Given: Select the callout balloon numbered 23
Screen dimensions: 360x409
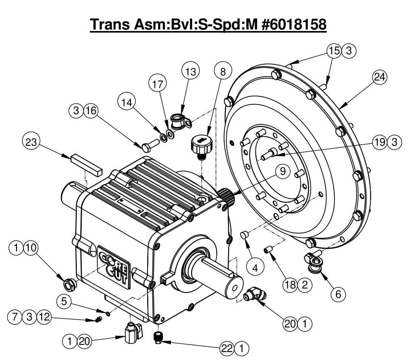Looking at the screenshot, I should pos(32,143).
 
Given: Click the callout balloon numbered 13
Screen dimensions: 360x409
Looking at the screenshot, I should pos(191,72).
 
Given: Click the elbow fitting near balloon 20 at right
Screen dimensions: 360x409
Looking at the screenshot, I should pos(255,293).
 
